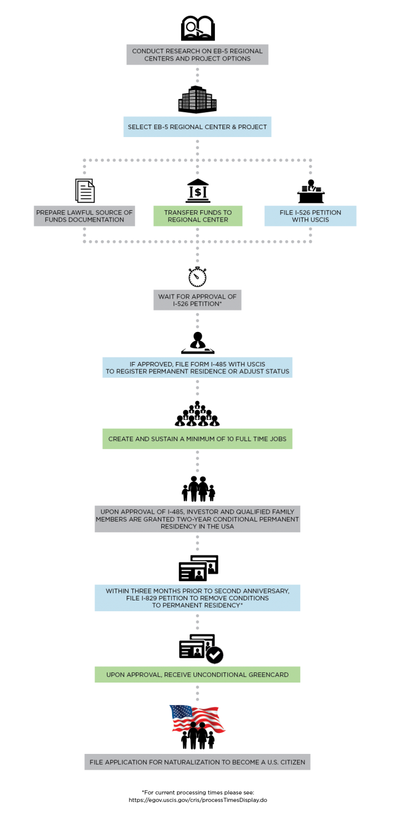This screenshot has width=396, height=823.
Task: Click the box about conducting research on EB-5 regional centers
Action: coord(197,55)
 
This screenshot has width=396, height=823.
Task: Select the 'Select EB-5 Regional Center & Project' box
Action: coord(197,127)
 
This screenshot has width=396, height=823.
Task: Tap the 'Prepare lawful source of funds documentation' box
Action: coord(84,216)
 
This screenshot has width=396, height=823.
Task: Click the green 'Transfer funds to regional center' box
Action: coord(197,216)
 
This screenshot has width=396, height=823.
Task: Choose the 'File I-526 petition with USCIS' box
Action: coord(310,216)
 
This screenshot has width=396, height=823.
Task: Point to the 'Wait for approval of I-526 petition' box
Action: coord(197,300)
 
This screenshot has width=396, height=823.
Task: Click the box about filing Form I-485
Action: coord(197,367)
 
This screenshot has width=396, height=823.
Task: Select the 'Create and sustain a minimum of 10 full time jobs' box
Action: coord(197,439)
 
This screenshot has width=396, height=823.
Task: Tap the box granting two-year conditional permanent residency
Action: coord(197,519)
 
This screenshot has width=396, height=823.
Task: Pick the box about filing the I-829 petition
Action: coord(197,598)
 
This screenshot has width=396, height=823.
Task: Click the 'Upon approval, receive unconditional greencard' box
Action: coord(197,675)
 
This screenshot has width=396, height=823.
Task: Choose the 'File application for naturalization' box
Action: coord(197,762)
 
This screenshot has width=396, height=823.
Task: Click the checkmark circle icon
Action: coord(214,655)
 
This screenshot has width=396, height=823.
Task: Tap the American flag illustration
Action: coord(197,718)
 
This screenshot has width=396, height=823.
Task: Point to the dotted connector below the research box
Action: coord(197,74)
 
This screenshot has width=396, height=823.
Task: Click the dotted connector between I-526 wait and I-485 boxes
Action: coord(197,321)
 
